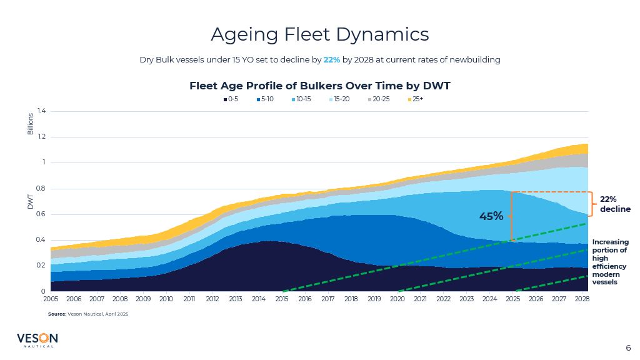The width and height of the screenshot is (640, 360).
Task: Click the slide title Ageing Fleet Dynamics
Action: click(x=319, y=34)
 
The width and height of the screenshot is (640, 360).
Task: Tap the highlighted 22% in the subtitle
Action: click(x=331, y=60)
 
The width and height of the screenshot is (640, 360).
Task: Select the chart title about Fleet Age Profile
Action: click(x=319, y=86)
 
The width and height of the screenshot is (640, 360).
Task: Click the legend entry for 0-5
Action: click(x=231, y=99)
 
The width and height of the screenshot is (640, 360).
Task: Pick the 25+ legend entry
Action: click(x=416, y=99)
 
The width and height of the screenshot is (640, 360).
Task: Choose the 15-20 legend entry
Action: click(x=341, y=99)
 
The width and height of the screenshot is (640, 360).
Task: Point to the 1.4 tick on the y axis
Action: click(x=41, y=111)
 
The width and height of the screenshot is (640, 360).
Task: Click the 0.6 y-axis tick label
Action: click(x=41, y=214)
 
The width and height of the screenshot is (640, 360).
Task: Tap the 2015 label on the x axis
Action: click(x=281, y=299)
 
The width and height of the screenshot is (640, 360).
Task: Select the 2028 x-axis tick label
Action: click(x=581, y=299)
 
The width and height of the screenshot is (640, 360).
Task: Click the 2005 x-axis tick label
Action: click(x=51, y=299)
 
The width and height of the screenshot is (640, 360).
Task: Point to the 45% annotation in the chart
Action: click(x=491, y=216)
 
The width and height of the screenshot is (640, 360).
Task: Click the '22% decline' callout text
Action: click(x=615, y=204)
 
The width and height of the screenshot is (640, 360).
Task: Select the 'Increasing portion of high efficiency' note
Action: click(x=610, y=262)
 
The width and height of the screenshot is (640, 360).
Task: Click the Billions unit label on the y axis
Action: click(x=30, y=124)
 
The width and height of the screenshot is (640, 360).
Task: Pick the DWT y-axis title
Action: click(x=30, y=201)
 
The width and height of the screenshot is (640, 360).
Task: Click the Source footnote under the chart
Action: click(x=88, y=314)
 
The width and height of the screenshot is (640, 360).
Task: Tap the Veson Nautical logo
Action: click(x=37, y=340)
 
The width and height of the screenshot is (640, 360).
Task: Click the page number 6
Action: click(x=628, y=348)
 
